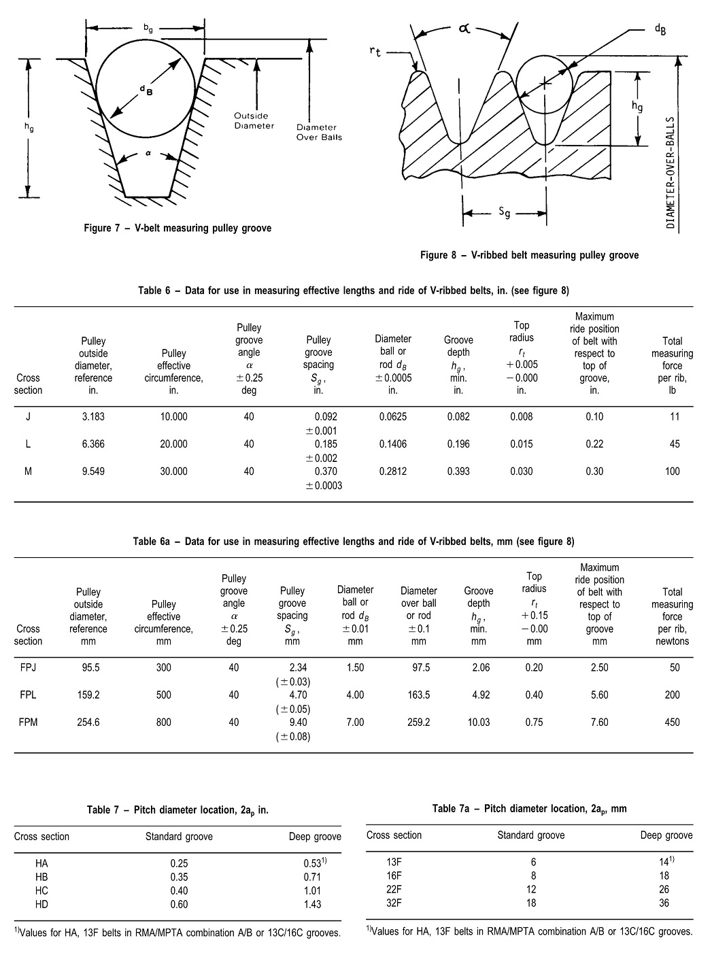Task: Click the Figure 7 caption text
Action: tap(177, 229)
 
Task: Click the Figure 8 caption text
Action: tap(530, 256)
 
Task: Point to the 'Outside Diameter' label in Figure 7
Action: tap(254, 120)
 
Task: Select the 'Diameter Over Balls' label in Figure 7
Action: tap(319, 132)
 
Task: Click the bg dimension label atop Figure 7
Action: tap(148, 28)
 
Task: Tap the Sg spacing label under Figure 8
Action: tap(504, 213)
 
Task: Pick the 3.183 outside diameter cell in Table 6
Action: tap(93, 416)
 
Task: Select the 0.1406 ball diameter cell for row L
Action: tap(393, 444)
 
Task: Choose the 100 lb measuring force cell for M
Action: tap(672, 471)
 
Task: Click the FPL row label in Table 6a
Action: tap(28, 695)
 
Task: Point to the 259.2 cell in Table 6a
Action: tap(418, 722)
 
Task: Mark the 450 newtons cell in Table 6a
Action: tap(672, 722)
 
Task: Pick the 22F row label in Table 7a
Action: tap(394, 889)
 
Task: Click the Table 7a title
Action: tap(529, 809)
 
